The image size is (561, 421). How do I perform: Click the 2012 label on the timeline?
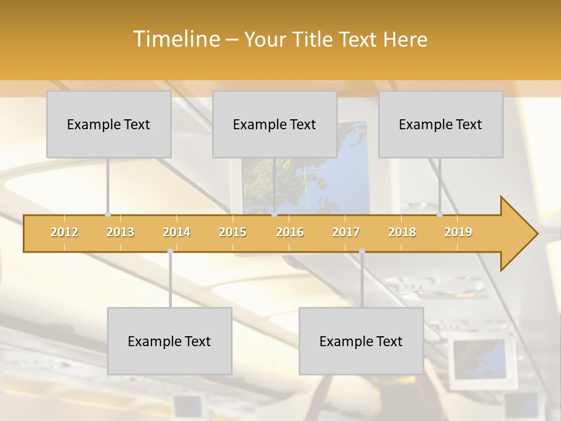pyautogui.click(x=64, y=232)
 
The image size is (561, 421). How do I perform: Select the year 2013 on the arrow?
pyautogui.click(x=120, y=232)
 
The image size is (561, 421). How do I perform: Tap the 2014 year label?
pyautogui.click(x=176, y=232)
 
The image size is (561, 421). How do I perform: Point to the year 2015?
pyautogui.click(x=233, y=232)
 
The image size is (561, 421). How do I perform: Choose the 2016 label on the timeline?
pyautogui.click(x=290, y=232)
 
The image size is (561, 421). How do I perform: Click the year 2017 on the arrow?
pyautogui.click(x=346, y=232)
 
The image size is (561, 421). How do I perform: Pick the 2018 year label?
pyautogui.click(x=402, y=232)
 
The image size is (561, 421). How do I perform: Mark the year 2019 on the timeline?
pyautogui.click(x=458, y=232)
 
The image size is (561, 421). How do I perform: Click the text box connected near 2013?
pyautogui.click(x=109, y=125)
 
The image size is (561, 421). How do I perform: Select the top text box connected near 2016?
pyautogui.click(x=275, y=125)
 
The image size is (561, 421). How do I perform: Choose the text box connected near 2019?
pyautogui.click(x=441, y=125)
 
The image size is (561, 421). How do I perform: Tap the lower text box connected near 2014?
pyautogui.click(x=169, y=341)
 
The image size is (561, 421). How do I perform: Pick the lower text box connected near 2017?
pyautogui.click(x=361, y=341)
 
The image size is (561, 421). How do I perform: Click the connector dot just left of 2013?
pyautogui.click(x=108, y=214)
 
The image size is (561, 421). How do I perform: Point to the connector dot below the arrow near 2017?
pyautogui.click(x=362, y=251)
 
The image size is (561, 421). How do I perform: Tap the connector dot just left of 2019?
pyautogui.click(x=439, y=214)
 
